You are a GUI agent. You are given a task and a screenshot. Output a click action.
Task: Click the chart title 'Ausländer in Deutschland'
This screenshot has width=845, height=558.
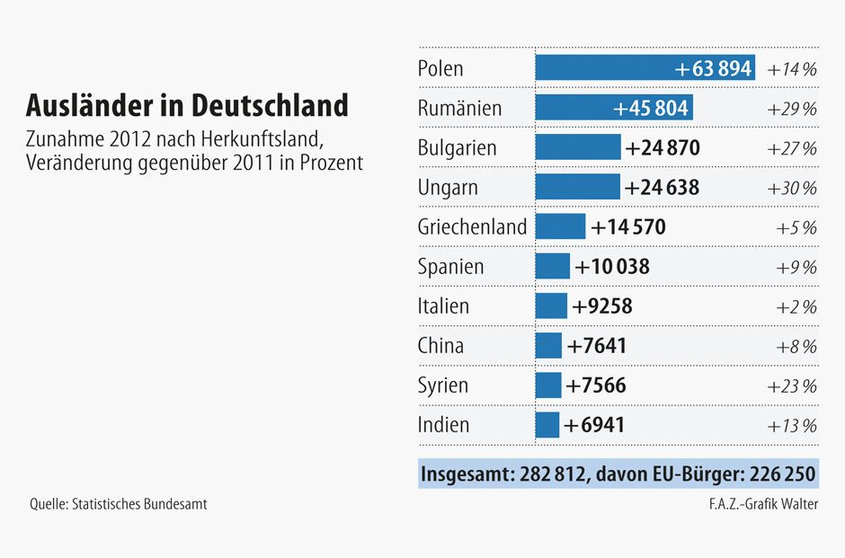click(187, 105)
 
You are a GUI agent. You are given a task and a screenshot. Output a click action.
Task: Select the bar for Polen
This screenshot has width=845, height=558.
click(645, 68)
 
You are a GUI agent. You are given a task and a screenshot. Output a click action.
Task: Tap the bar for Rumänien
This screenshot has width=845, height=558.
click(614, 108)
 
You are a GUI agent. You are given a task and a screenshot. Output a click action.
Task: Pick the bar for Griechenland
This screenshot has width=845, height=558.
click(560, 226)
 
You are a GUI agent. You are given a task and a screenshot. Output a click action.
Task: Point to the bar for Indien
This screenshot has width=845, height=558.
click(547, 425)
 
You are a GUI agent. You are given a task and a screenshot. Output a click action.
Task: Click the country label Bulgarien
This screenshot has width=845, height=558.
click(457, 147)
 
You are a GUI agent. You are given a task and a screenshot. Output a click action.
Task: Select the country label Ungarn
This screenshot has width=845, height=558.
click(448, 188)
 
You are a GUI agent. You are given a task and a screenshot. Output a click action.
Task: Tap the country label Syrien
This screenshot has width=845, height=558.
click(443, 385)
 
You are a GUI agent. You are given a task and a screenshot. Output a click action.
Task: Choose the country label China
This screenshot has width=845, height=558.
click(440, 346)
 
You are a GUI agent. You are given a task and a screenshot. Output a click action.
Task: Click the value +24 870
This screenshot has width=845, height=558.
click(663, 147)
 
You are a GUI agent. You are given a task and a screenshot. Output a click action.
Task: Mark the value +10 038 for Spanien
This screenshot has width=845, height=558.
click(612, 267)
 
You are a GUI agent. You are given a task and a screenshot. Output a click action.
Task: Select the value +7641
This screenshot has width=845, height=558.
click(597, 346)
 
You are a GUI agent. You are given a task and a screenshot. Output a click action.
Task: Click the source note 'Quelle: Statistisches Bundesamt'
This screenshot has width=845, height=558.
click(119, 504)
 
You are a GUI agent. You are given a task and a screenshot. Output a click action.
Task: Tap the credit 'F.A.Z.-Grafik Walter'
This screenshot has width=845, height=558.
click(762, 504)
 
